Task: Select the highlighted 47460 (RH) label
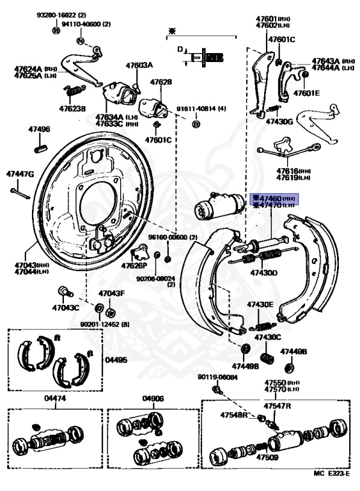point(275,198)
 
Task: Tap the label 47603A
point(139,65)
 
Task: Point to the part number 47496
point(38,129)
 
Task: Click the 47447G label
point(20,174)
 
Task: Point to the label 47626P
point(135,265)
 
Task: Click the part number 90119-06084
point(217,377)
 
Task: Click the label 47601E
point(306,93)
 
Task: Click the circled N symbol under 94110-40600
point(80,41)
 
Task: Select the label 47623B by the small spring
point(72,109)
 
